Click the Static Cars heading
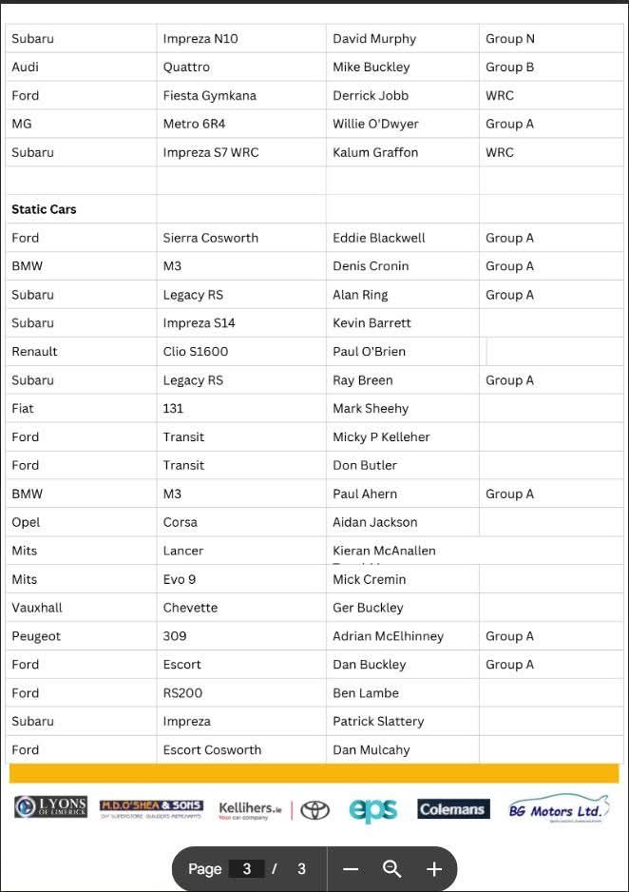click(x=44, y=209)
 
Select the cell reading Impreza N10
click(x=200, y=39)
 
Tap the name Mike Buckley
click(x=372, y=68)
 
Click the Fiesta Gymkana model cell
click(x=209, y=96)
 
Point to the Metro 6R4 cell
click(x=194, y=125)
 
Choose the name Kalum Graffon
click(x=375, y=153)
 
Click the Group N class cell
click(x=510, y=39)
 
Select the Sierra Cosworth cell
click(x=210, y=238)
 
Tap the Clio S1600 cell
click(x=196, y=352)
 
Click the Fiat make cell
click(x=23, y=409)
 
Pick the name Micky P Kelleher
click(x=381, y=437)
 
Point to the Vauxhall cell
click(x=37, y=608)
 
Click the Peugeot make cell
click(x=36, y=636)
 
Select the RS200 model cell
click(x=182, y=693)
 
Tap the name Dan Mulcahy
click(x=372, y=750)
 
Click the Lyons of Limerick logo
click(x=50, y=808)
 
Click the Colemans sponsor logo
click(x=453, y=809)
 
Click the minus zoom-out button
click(x=351, y=869)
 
